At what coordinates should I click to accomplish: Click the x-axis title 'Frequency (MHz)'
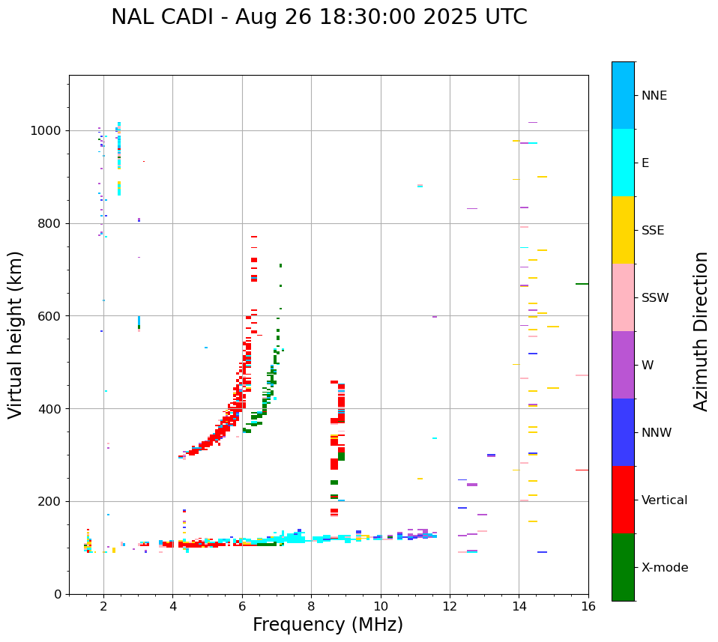tap(328, 625)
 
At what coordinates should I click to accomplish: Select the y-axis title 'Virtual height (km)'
tap(16, 335)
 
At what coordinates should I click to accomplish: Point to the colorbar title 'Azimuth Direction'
tap(701, 331)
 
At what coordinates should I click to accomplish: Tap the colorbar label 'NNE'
tap(654, 96)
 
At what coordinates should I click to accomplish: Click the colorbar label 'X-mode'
tap(664, 568)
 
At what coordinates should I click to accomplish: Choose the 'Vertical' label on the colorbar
tap(664, 500)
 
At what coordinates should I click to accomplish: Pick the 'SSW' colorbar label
tap(655, 298)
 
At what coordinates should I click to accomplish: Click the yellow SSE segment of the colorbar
tap(623, 230)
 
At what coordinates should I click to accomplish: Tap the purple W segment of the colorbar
tap(623, 365)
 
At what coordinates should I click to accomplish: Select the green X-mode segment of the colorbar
tap(623, 567)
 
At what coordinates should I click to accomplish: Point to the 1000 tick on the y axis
tap(49, 131)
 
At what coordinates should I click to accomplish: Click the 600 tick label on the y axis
tap(52, 316)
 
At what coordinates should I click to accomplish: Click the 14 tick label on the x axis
tap(519, 606)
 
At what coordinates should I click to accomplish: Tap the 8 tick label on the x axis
tap(311, 606)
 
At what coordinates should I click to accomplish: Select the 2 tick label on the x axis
tap(103, 606)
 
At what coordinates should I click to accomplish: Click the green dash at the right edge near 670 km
tap(582, 284)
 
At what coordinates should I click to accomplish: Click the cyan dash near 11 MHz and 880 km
tap(420, 186)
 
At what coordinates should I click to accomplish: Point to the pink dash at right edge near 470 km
tap(582, 375)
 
